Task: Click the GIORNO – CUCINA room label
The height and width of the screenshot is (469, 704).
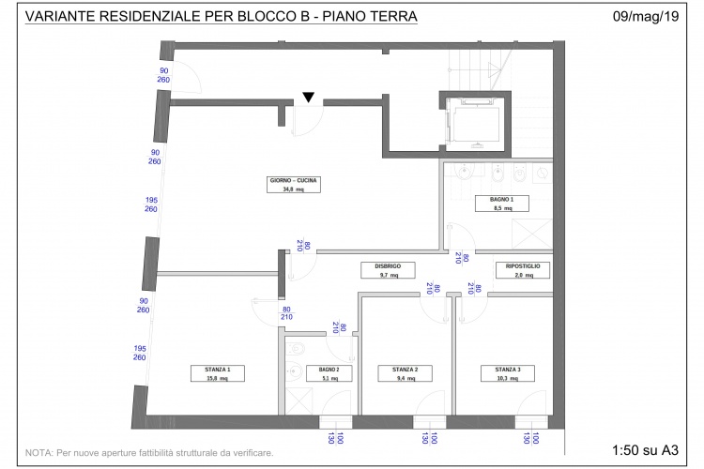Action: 294,185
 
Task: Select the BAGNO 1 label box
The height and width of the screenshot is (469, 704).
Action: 502,204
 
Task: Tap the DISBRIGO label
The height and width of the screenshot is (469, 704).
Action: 388,270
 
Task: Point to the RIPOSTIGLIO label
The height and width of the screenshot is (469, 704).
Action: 523,270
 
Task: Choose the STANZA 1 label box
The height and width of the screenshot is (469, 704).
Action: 218,373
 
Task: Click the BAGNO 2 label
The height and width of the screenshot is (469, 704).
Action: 329,373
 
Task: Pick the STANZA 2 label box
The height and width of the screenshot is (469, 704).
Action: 405,373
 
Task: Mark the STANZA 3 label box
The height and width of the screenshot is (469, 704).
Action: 508,373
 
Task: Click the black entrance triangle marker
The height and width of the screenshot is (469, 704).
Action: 309,97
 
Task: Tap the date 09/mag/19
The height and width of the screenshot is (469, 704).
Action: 646,17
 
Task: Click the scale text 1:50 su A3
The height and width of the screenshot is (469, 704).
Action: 645,449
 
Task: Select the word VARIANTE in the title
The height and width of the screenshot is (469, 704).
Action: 60,16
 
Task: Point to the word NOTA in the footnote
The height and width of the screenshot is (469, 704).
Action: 38,453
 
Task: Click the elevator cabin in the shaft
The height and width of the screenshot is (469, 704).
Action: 475,123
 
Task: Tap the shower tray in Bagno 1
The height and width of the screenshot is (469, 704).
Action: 532,234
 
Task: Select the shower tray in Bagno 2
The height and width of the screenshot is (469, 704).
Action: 298,401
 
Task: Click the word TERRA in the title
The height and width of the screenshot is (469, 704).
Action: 393,16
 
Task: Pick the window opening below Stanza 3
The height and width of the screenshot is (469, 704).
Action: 531,422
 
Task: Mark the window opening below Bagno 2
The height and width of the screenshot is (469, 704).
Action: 335,422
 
